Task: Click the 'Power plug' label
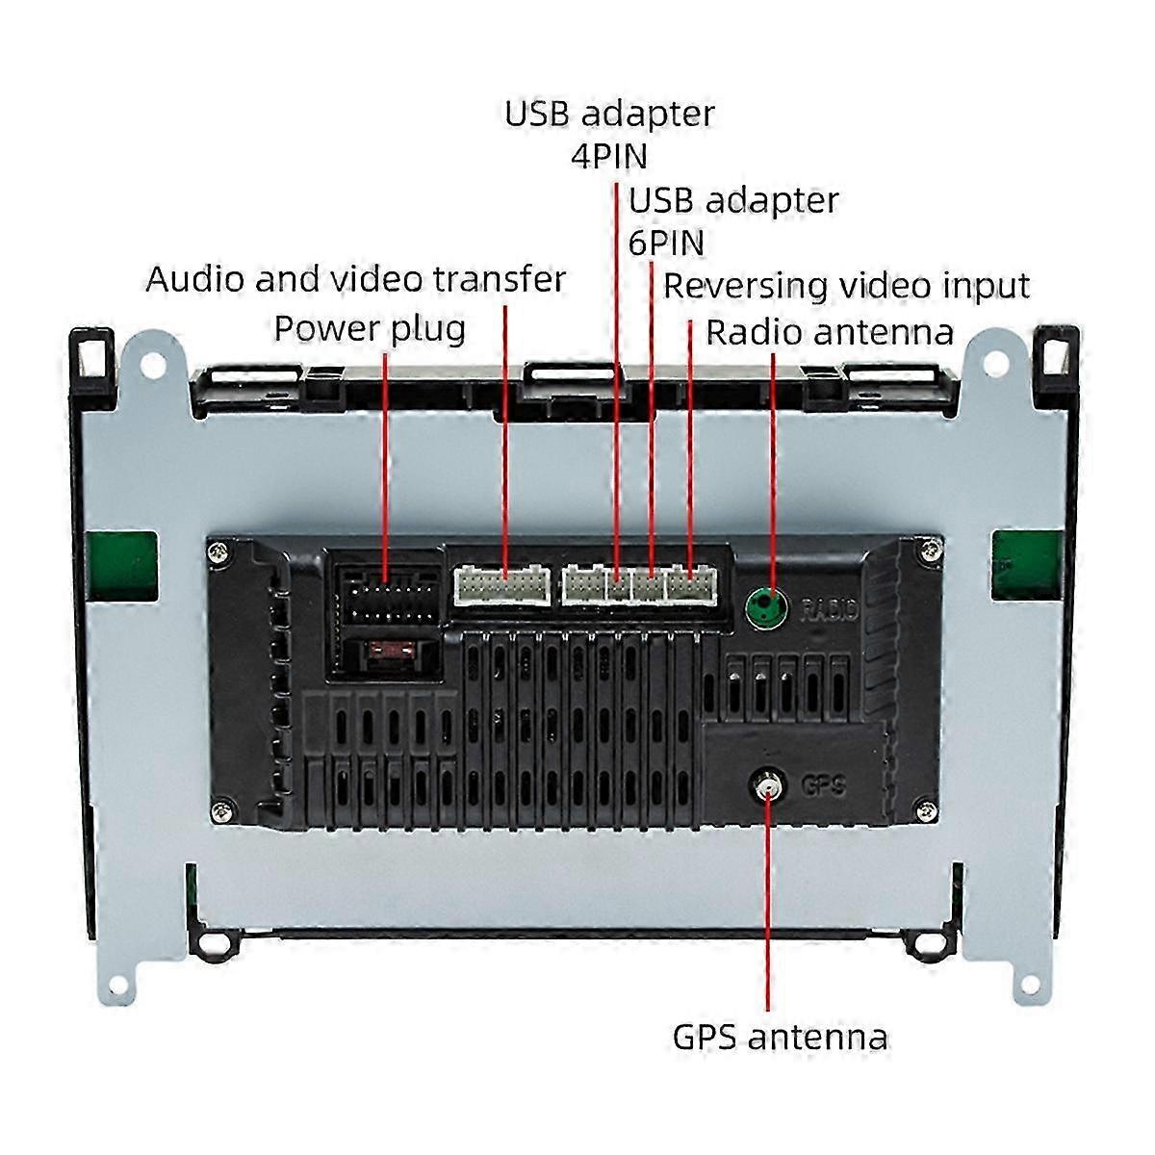pyautogui.click(x=370, y=330)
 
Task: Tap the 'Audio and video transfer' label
pyautogui.click(x=356, y=279)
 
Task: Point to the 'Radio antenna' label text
pyautogui.click(x=830, y=332)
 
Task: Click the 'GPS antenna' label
pyautogui.click(x=781, y=1038)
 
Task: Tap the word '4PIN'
pyautogui.click(x=609, y=157)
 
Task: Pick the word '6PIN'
pyautogui.click(x=666, y=243)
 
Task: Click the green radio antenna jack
pyautogui.click(x=766, y=606)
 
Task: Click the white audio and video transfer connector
pyautogui.click(x=502, y=585)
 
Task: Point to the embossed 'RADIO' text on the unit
pyautogui.click(x=829, y=609)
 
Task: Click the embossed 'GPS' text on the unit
pyautogui.click(x=823, y=785)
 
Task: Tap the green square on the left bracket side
pyautogui.click(x=124, y=566)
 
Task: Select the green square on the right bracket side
pyautogui.click(x=1027, y=565)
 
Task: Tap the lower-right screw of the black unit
pyautogui.click(x=927, y=810)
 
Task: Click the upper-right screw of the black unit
pyautogui.click(x=930, y=549)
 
